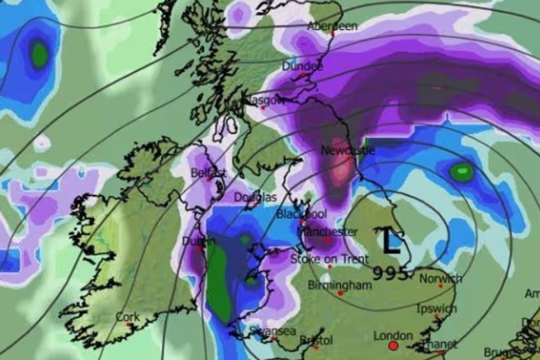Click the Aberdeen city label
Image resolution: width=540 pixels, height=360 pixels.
click(x=332, y=26)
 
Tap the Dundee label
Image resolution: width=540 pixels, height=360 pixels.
click(x=302, y=67)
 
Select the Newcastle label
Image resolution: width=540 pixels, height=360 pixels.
click(x=348, y=151)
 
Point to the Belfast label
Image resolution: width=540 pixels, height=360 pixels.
click(x=209, y=173)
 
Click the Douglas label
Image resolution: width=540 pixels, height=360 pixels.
click(x=255, y=197)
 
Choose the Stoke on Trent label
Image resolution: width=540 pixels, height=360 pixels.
click(x=325, y=258)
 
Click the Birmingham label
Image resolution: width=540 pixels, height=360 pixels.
click(x=339, y=285)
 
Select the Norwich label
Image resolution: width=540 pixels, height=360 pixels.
click(x=441, y=278)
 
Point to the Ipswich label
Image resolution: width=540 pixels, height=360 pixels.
click(x=436, y=309)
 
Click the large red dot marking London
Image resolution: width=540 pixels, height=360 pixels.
click(x=393, y=347)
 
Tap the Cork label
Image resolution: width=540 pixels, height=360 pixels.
click(x=127, y=317)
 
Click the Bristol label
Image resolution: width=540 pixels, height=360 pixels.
click(x=316, y=340)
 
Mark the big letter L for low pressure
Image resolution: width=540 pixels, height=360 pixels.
click(x=390, y=241)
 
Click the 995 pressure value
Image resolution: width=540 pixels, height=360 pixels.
click(x=391, y=273)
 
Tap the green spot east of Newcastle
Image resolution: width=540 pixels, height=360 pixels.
click(x=461, y=173)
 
